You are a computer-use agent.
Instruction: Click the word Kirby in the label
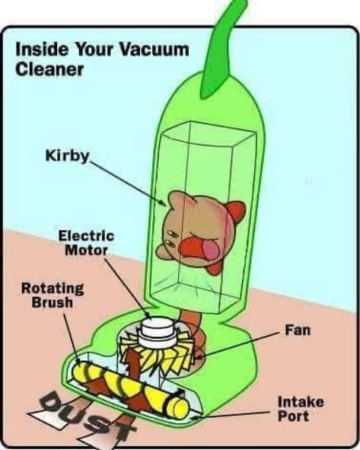(68, 156)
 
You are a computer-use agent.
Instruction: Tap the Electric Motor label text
(86, 243)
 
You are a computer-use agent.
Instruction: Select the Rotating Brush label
(53, 295)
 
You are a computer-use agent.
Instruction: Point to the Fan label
(298, 330)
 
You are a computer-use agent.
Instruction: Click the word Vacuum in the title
(154, 49)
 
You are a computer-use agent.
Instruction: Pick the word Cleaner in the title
(49, 70)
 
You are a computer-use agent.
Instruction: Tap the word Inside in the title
(42, 49)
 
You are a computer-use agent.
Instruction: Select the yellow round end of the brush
(180, 407)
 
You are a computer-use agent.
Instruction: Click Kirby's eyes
(171, 238)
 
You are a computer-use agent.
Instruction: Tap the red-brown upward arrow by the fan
(132, 362)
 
